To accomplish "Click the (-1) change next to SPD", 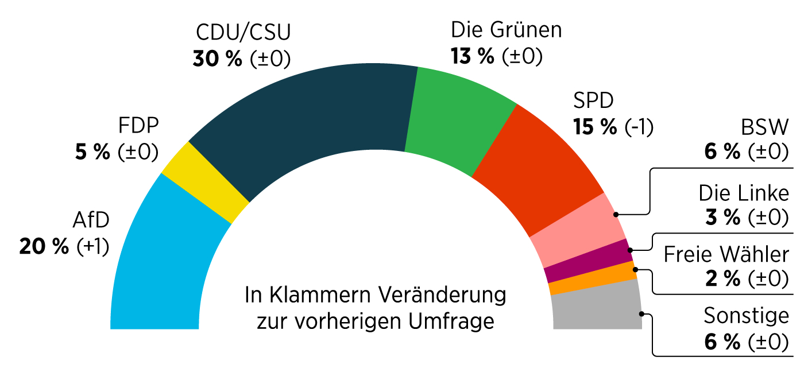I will point(639,127).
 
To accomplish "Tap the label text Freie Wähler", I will point(726,254).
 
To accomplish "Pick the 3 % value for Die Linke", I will point(723,218).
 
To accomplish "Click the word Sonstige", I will point(746,316).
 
